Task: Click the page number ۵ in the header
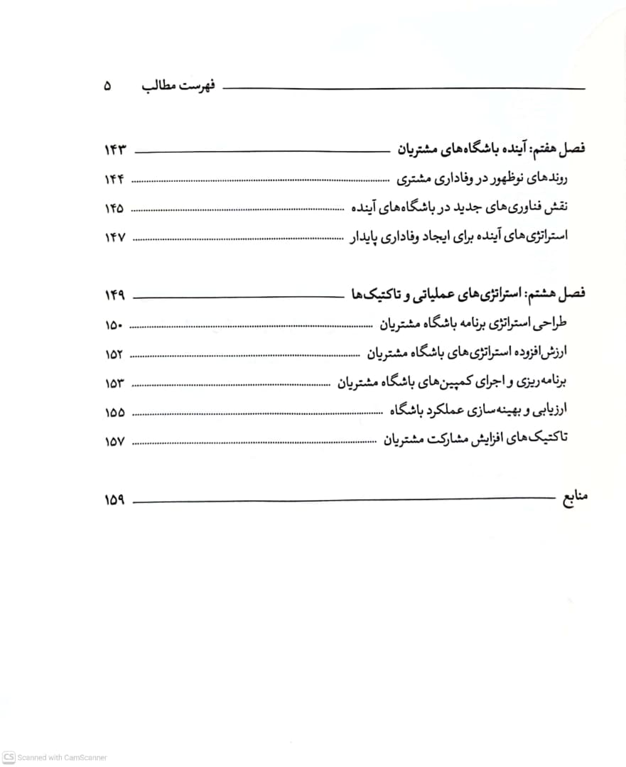tap(107, 87)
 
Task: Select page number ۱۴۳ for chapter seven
tap(114, 150)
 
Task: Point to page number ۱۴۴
tap(114, 180)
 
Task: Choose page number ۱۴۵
tap(114, 208)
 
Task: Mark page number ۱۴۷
tap(114, 237)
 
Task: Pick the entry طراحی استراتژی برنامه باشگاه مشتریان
tap(473, 325)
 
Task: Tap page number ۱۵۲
tap(114, 354)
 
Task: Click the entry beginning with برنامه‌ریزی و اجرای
tap(451, 382)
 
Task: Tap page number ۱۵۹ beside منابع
tap(114, 499)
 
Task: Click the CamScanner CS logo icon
tap(9, 757)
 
